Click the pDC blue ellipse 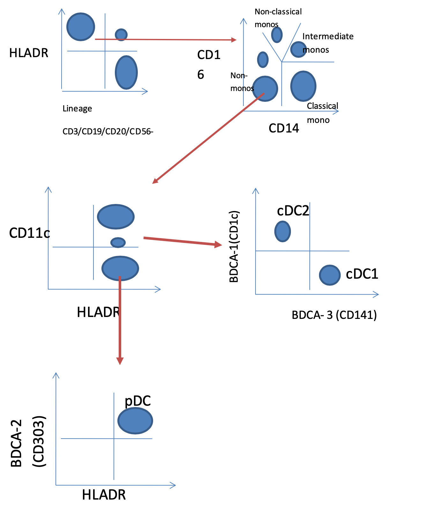coord(135,421)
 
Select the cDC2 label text coord(293,211)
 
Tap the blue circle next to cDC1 coord(330,275)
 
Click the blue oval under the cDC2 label coord(283,231)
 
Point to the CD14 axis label coord(284,128)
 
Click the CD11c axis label coord(29,233)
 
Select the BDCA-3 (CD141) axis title coord(334,315)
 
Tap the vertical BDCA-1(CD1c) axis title coord(234,246)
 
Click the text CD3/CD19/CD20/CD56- coord(108,132)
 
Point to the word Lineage coord(77,109)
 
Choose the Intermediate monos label coord(327,43)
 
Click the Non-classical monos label coord(278,18)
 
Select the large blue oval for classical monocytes coord(303,86)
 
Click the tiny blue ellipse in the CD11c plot coord(118,242)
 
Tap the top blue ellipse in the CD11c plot coord(116,216)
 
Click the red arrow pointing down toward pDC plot coord(120,322)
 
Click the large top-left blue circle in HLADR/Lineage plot coord(81,27)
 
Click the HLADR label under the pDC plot coord(104,495)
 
